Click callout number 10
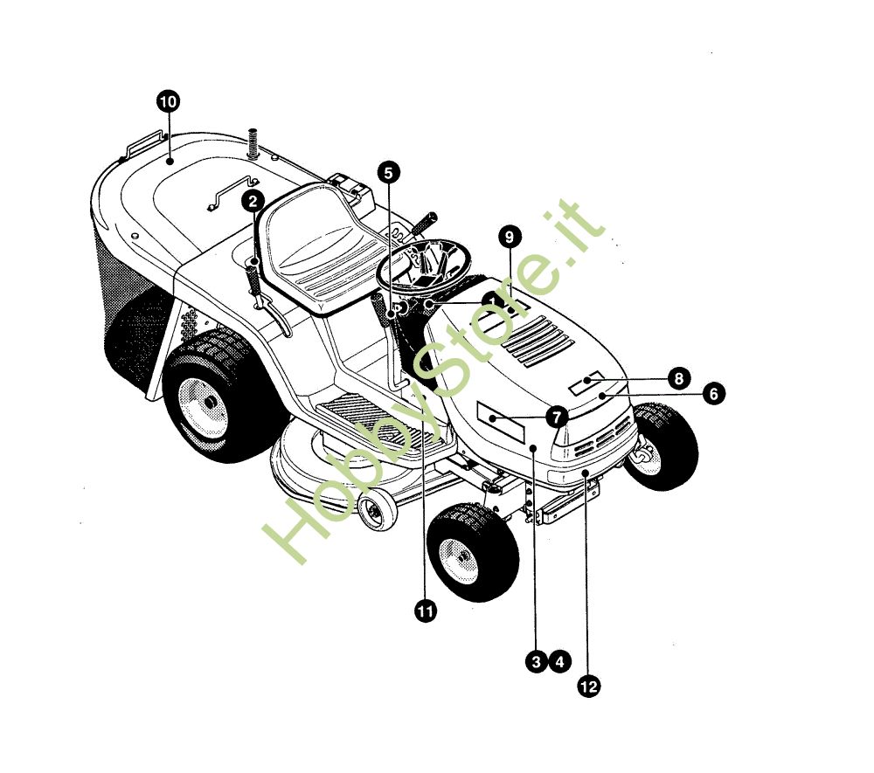pyautogui.click(x=168, y=102)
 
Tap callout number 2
pyautogui.click(x=253, y=201)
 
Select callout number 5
pyautogui.click(x=388, y=173)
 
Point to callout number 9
pyautogui.click(x=510, y=237)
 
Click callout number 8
pyautogui.click(x=678, y=379)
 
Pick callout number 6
pyautogui.click(x=714, y=394)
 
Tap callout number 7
pyautogui.click(x=556, y=417)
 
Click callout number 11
pyautogui.click(x=426, y=611)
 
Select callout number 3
pyautogui.click(x=537, y=661)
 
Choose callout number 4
pyautogui.click(x=559, y=661)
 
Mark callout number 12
pyautogui.click(x=588, y=687)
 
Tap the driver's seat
pyautogui.click(x=318, y=251)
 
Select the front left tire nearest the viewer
pyautogui.click(x=473, y=551)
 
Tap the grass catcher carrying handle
pyautogui.click(x=144, y=144)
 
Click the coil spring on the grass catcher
pyautogui.click(x=254, y=143)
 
